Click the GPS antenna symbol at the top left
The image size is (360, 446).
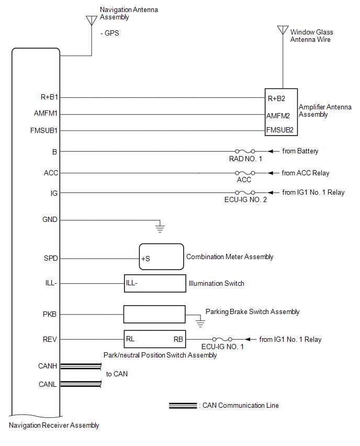click(x=92, y=21)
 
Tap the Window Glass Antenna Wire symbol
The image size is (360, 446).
click(x=283, y=30)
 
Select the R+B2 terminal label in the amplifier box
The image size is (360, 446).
click(x=276, y=99)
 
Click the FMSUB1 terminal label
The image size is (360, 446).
click(x=44, y=130)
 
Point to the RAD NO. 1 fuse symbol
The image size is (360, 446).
click(x=245, y=151)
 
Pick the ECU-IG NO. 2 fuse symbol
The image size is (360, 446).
click(x=245, y=193)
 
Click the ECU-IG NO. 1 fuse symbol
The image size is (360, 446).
click(x=222, y=339)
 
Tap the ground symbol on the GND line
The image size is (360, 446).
click(x=160, y=228)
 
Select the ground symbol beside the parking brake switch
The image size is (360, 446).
click(x=200, y=322)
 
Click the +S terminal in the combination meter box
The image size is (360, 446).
click(x=145, y=259)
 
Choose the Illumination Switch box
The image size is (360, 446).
click(x=155, y=283)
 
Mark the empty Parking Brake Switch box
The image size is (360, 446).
click(x=154, y=314)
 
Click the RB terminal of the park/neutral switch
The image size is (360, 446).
click(x=178, y=339)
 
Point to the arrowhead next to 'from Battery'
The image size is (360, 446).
click(x=271, y=151)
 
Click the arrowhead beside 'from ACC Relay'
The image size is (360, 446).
click(x=271, y=173)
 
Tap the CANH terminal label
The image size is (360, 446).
click(x=48, y=366)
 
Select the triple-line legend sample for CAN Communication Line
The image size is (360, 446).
click(x=183, y=406)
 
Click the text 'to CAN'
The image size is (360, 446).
click(x=117, y=374)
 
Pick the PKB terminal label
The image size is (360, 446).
click(x=50, y=314)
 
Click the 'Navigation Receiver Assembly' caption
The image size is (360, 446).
click(x=54, y=426)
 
